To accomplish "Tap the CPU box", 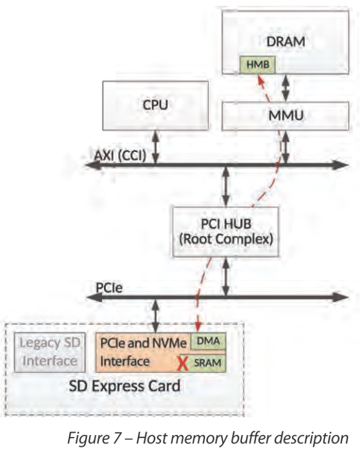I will pyautogui.click(x=155, y=105).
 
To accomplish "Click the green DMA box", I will pyautogui.click(x=208, y=341).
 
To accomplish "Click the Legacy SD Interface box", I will pyautogui.click(x=48, y=352).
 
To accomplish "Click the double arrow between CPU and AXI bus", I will pyautogui.click(x=155, y=147).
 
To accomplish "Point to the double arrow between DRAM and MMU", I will pyautogui.click(x=285, y=88).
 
